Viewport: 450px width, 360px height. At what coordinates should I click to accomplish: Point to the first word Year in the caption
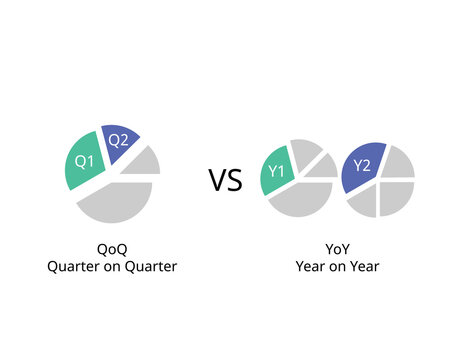point(310,266)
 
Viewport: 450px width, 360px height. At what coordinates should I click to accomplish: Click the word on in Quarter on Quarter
point(116,266)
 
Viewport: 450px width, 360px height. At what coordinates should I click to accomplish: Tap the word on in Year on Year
point(334,266)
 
